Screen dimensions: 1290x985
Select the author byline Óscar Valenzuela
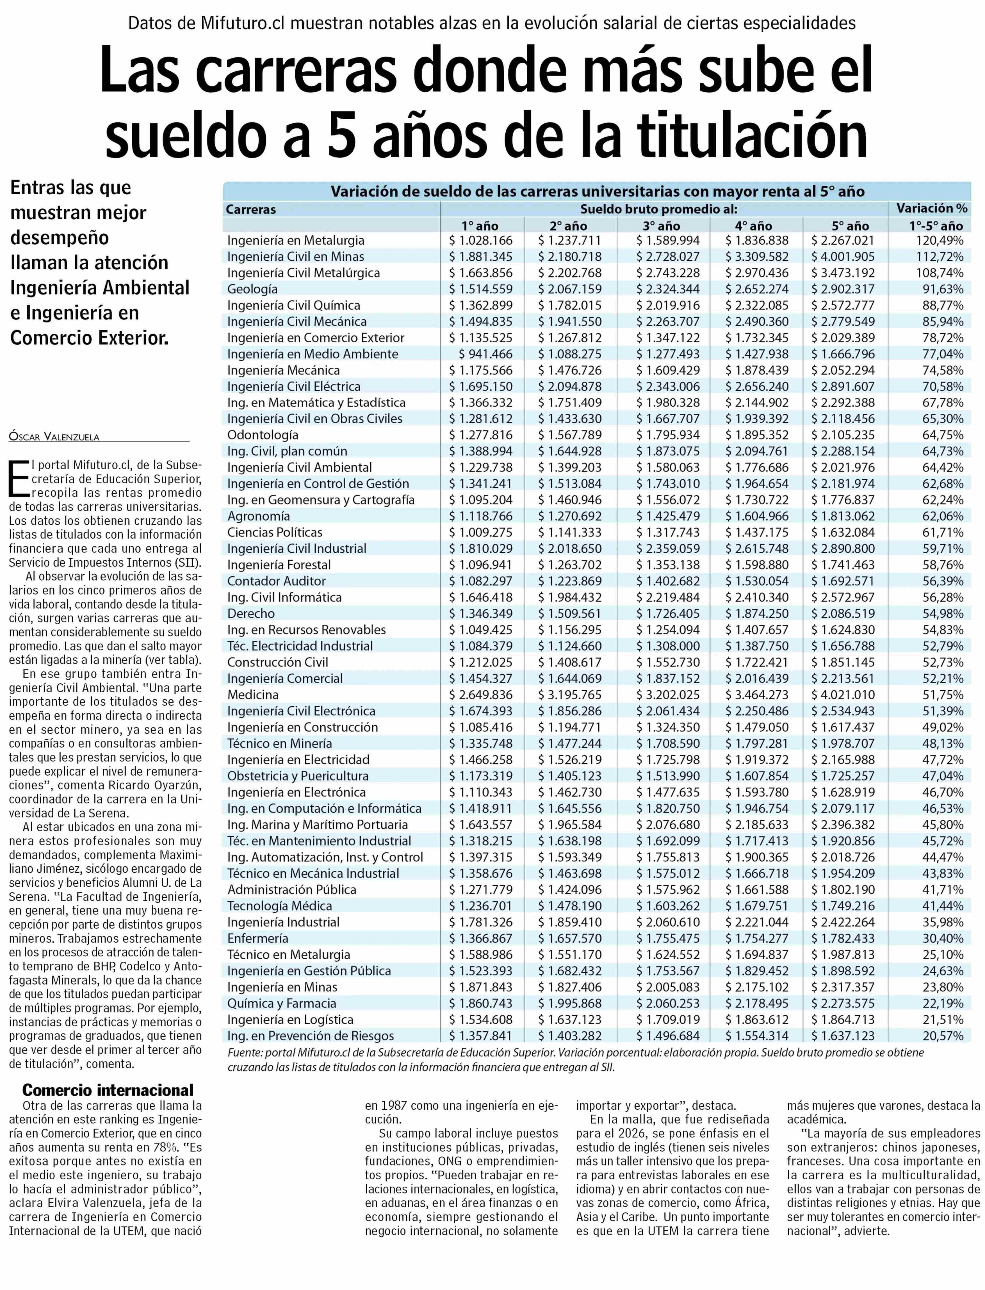[x=54, y=437]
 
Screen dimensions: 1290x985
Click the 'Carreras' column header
[x=251, y=209]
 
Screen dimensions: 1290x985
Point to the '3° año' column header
[x=661, y=226]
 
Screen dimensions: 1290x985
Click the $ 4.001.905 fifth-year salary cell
[x=843, y=257]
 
